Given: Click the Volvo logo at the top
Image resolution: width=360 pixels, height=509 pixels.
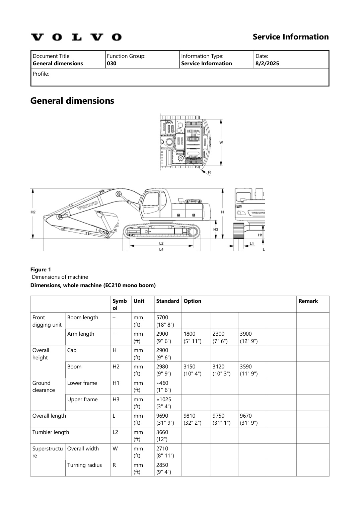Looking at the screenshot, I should (x=76, y=37).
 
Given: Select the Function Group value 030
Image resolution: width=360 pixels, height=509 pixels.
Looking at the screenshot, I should (x=112, y=64).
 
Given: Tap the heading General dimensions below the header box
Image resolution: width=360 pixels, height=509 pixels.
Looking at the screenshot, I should (x=72, y=101).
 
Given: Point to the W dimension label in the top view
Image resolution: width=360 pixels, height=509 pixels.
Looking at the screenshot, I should (x=221, y=143).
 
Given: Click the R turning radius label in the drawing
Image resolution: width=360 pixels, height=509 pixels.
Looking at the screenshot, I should (x=209, y=173).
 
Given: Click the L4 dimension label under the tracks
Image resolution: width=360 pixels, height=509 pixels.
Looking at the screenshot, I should (x=161, y=249).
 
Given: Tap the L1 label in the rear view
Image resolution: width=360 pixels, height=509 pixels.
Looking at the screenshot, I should (x=251, y=244).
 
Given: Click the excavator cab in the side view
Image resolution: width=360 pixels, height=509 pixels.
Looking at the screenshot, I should (x=153, y=202).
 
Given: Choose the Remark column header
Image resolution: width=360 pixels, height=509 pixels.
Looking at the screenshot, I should (x=308, y=301).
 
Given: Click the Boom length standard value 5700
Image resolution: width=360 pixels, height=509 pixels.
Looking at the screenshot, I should (x=162, y=318).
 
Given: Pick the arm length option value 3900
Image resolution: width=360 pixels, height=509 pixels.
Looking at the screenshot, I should (x=245, y=334).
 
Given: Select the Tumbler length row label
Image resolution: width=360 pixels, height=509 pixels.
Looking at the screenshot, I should (x=51, y=432).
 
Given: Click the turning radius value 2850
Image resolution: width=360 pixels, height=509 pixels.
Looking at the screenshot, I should (x=162, y=465).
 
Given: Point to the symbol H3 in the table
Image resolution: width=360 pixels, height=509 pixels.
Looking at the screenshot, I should (x=116, y=400).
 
